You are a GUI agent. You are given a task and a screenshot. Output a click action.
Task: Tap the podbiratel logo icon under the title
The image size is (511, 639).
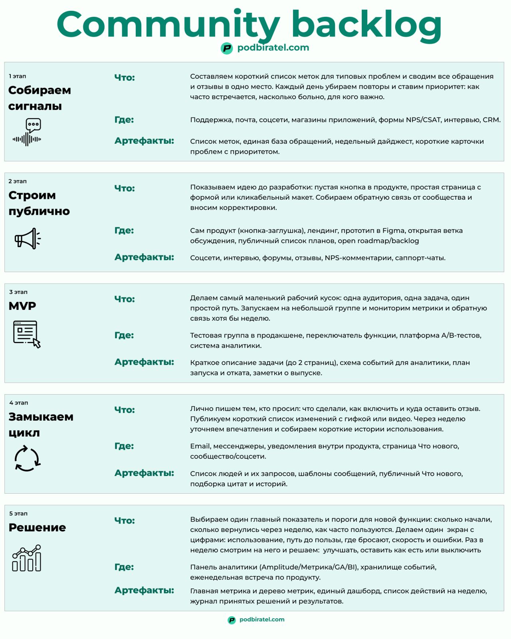pos(227,48)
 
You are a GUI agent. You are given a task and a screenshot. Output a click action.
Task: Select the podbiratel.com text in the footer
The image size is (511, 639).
pos(262,619)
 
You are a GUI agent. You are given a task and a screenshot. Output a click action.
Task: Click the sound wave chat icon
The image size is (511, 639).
pos(28,132)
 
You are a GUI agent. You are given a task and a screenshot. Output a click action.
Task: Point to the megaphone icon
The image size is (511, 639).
pos(28,239)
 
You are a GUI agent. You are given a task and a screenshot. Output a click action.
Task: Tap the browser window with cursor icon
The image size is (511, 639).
pos(27,334)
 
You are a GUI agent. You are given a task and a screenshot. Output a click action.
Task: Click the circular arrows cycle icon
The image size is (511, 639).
pos(27,459)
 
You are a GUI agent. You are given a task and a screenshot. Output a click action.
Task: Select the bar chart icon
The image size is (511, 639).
pos(27,558)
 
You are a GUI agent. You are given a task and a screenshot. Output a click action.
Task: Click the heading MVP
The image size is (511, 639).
pos(22,306)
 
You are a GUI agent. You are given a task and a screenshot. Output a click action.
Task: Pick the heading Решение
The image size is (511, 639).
pos(37,528)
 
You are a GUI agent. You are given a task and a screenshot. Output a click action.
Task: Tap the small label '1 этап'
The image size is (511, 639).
pos(18,76)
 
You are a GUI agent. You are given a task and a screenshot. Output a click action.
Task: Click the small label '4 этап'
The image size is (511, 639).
pos(18,403)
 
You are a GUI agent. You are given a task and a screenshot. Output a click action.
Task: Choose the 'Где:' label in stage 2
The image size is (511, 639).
pos(124,230)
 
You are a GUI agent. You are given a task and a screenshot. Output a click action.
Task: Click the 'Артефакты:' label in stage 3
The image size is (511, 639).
pos(144,362)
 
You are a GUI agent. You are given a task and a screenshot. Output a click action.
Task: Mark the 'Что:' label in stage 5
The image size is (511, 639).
pos(125,520)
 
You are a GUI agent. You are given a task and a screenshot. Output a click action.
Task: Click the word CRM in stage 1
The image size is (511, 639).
pos(491,120)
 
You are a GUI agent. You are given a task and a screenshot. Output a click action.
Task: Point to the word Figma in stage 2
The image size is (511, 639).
pos(393,230)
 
